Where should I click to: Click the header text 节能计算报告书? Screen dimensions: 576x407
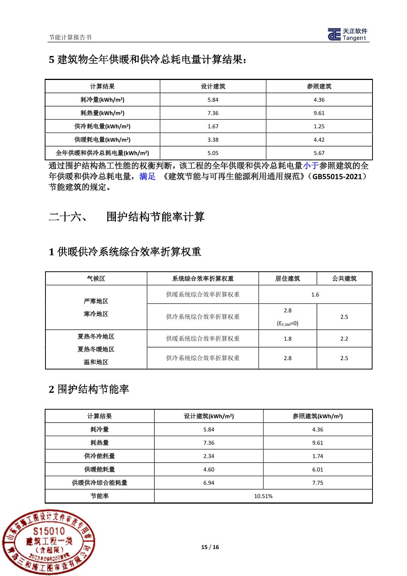click(x=70, y=37)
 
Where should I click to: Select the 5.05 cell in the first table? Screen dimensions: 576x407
click(x=213, y=153)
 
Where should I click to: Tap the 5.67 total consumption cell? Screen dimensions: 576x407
click(x=319, y=153)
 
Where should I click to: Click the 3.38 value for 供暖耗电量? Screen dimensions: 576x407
click(x=213, y=140)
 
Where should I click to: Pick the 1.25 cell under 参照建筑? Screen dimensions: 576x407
click(x=319, y=127)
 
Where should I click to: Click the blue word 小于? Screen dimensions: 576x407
click(x=311, y=166)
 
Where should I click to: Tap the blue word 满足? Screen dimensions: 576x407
click(x=147, y=176)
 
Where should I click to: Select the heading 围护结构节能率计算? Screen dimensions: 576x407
click(x=155, y=217)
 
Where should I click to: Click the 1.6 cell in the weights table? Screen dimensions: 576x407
click(x=315, y=294)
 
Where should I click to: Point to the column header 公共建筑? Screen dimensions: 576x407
click(x=344, y=279)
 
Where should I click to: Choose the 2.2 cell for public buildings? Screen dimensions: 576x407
click(x=344, y=339)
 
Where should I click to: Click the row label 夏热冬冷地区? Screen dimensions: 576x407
click(x=96, y=337)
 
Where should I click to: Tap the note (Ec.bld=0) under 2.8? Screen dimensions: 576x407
click(x=288, y=324)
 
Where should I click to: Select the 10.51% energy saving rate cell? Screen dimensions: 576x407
click(x=263, y=496)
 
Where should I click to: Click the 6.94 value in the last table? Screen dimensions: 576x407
click(x=209, y=483)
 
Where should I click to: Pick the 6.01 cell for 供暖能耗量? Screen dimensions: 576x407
click(x=318, y=470)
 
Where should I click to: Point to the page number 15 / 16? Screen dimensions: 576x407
click(x=210, y=547)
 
